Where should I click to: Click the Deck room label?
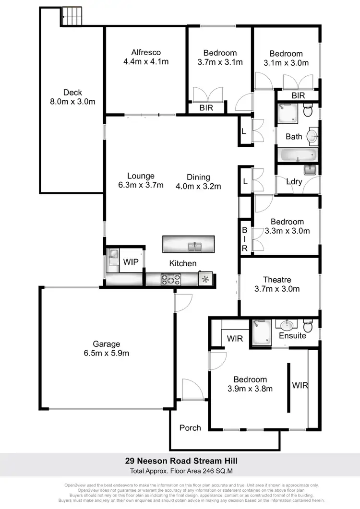(72, 93)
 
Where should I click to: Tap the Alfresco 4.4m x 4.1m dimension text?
(146, 61)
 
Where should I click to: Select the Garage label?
(107, 344)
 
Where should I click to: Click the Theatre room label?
(277, 280)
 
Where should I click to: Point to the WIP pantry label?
(131, 262)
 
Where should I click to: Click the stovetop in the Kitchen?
(170, 278)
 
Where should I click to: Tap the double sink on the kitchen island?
(195, 247)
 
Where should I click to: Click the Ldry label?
(294, 181)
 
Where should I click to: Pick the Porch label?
(190, 427)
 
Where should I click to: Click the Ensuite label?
(292, 336)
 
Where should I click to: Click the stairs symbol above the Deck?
(72, 17)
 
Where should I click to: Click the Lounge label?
(141, 176)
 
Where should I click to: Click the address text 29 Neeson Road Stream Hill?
(179, 461)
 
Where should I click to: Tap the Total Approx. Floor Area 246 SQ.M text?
(179, 471)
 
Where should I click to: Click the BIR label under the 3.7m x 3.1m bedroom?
(206, 108)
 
